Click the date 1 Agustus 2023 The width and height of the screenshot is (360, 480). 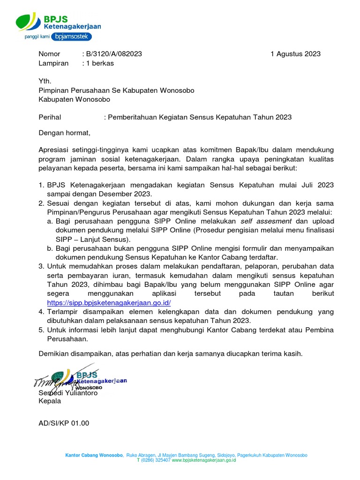click(295, 54)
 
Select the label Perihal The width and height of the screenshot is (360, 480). click(50, 117)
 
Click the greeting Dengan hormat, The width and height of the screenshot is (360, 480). click(64, 133)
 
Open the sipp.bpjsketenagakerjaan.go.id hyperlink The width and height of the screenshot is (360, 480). click(108, 303)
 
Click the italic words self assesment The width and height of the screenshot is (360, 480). click(266, 221)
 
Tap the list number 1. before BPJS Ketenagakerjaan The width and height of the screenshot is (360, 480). click(41, 185)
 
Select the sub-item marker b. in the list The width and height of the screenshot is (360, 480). click(50, 248)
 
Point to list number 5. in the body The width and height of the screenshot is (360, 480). click(41, 330)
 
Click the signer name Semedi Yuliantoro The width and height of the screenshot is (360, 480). click(68, 393)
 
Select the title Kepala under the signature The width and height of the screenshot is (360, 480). click(50, 401)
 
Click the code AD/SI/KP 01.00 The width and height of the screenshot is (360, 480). click(64, 423)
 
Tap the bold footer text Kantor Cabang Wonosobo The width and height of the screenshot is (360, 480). click(94, 455)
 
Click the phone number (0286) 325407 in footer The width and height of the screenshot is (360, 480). click(156, 460)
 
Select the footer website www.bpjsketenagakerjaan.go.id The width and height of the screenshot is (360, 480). click(204, 460)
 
